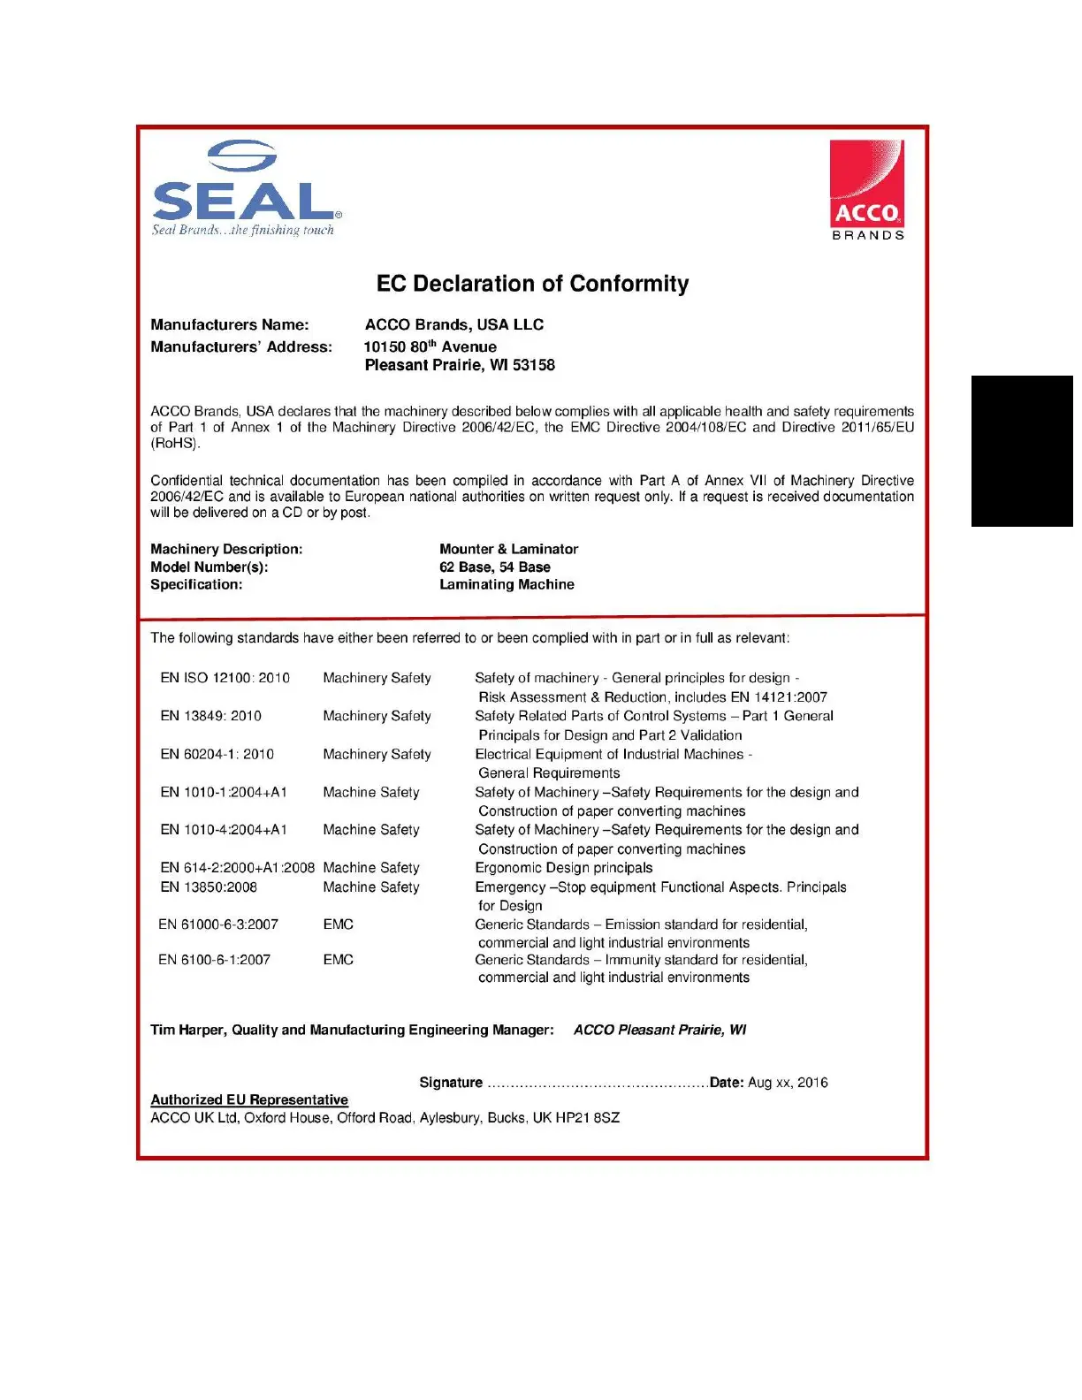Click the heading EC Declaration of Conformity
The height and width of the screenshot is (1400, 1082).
coord(532,284)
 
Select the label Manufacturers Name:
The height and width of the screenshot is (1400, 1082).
coord(230,325)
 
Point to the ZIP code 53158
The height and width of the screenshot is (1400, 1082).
coord(534,365)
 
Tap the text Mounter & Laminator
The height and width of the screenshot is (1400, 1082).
coord(508,549)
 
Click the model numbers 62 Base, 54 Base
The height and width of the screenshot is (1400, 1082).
coord(494,567)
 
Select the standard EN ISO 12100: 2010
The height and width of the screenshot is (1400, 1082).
coord(225,678)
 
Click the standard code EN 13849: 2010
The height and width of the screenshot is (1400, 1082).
coord(210,716)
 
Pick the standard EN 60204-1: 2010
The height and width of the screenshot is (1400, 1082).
coord(217,754)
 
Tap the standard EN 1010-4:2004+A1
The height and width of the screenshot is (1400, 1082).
coord(223,830)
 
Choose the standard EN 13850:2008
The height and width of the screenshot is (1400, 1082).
coord(209,887)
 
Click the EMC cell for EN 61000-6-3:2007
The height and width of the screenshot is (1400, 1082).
coord(338,924)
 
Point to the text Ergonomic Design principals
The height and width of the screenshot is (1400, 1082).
coord(563,868)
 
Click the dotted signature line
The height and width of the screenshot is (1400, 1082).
coord(597,1084)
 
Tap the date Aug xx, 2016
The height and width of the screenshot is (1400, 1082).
coord(788,1083)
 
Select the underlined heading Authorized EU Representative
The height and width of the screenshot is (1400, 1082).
coord(249,1099)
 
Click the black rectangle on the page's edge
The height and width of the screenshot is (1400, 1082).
coord(1022,451)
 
